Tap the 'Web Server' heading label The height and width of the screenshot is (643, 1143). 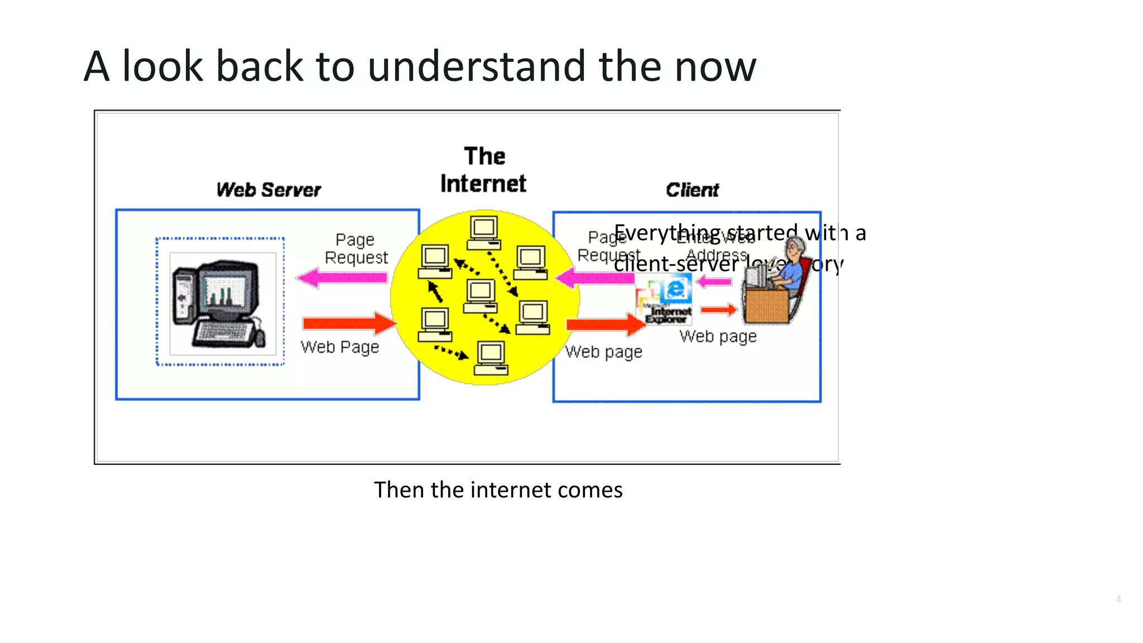(x=268, y=190)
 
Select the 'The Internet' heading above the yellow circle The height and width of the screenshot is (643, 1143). (x=483, y=170)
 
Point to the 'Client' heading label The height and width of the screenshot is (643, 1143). (x=692, y=190)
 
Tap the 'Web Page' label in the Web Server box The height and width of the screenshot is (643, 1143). (x=339, y=347)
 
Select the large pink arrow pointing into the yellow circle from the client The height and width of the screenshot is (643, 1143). (x=595, y=277)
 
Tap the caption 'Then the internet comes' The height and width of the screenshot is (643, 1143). (x=498, y=490)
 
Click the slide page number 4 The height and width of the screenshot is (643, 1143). (x=1118, y=599)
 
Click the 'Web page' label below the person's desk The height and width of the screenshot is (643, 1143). (x=718, y=337)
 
